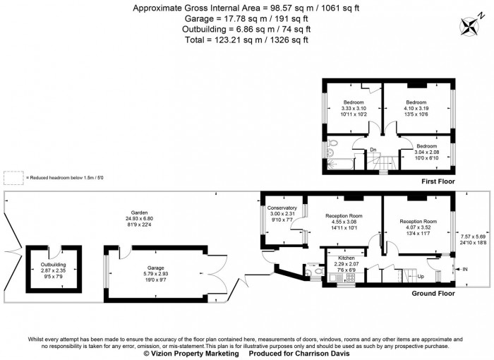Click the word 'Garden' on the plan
click(x=138, y=212)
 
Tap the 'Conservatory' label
click(x=282, y=208)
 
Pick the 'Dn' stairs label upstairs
click(x=373, y=149)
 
